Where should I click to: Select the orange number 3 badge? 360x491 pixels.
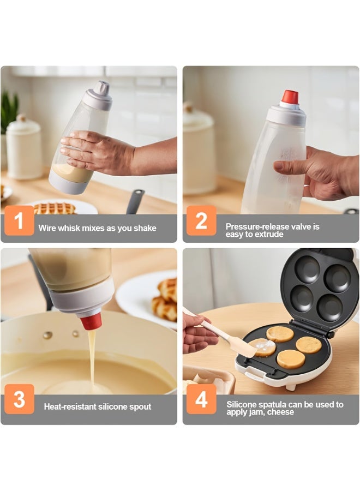click(19, 399)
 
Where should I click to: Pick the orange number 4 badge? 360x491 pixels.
click(201, 399)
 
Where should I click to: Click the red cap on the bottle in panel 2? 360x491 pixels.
click(289, 98)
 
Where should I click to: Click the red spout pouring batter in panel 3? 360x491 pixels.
click(92, 321)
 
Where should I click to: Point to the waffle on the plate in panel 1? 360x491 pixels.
click(55, 208)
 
